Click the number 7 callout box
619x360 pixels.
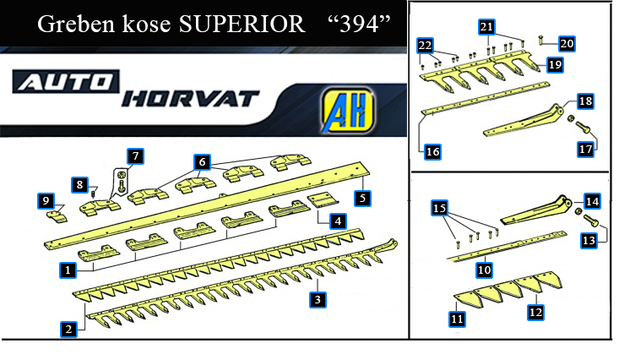(135, 156)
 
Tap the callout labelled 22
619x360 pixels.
(425, 46)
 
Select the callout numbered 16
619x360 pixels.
(432, 152)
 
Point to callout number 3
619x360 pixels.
(318, 299)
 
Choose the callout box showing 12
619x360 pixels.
(535, 313)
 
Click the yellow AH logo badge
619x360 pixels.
(347, 110)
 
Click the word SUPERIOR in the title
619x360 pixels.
(242, 25)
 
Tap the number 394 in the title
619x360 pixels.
(359, 25)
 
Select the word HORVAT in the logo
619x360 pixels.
(190, 99)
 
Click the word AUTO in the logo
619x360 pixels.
(66, 82)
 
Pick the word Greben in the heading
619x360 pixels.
(77, 25)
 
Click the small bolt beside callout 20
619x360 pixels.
(541, 40)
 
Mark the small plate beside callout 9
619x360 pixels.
(57, 216)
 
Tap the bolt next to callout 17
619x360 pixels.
(583, 128)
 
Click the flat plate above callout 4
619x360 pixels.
(323, 199)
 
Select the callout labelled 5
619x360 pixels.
(362, 198)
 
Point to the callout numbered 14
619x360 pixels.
(592, 202)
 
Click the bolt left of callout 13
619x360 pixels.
(590, 220)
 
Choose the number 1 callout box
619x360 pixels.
(68, 270)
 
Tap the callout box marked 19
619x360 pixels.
(555, 64)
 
